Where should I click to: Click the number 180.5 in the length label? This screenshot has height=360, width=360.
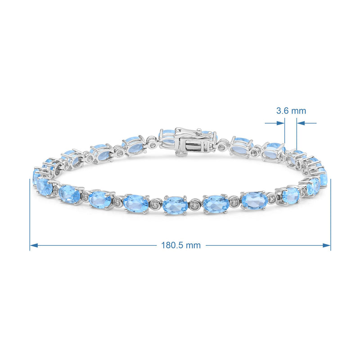point(172,245)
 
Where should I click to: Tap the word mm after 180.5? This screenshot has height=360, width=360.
point(193,245)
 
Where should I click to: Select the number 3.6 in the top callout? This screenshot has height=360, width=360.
point(282,111)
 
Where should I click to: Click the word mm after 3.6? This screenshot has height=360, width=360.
point(298,111)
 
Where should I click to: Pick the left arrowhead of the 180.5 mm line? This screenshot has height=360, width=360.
point(34,245)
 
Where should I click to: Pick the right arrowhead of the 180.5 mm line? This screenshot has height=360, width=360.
point(327,245)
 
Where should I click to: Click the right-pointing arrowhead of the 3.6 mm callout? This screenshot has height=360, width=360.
point(280,123)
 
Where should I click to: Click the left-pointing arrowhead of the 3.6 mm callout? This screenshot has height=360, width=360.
point(301,123)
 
